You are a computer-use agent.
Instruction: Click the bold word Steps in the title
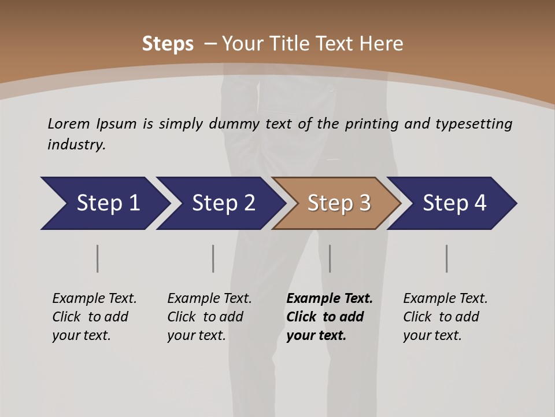(168, 44)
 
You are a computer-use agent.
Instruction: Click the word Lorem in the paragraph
(69, 123)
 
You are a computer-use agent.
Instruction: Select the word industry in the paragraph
(76, 145)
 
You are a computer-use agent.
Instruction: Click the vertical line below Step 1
(98, 258)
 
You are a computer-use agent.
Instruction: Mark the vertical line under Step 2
(213, 258)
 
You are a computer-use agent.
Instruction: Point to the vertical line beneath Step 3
(330, 258)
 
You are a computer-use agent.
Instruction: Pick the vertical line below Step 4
(447, 258)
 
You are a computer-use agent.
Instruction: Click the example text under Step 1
(94, 317)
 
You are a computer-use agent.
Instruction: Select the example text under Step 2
(209, 317)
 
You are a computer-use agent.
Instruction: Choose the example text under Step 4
(445, 317)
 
